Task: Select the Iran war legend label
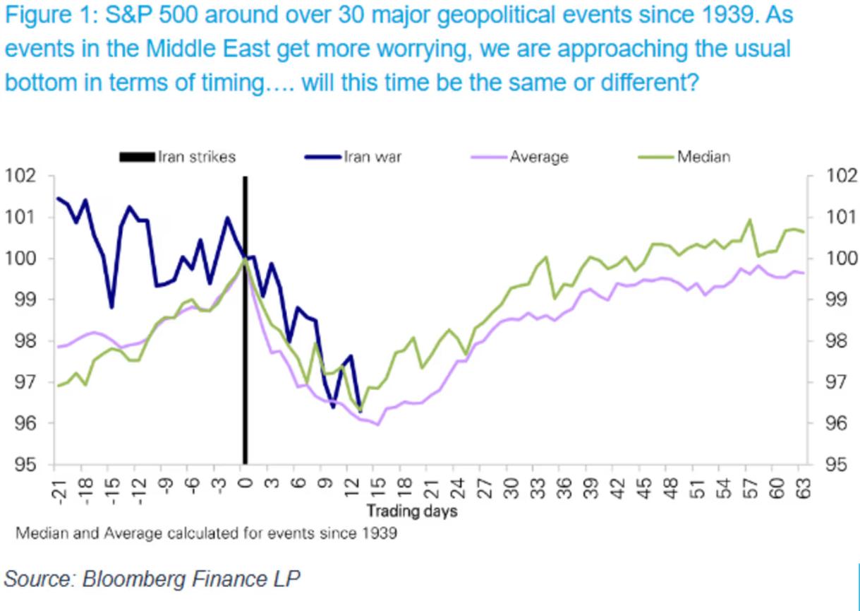tap(373, 157)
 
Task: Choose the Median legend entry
tap(703, 157)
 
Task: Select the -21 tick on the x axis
tap(57, 490)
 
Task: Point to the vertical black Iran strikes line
tap(245, 353)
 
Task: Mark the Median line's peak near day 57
tap(749, 220)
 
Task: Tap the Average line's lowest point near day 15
tap(377, 425)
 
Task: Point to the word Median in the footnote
tap(42, 535)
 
